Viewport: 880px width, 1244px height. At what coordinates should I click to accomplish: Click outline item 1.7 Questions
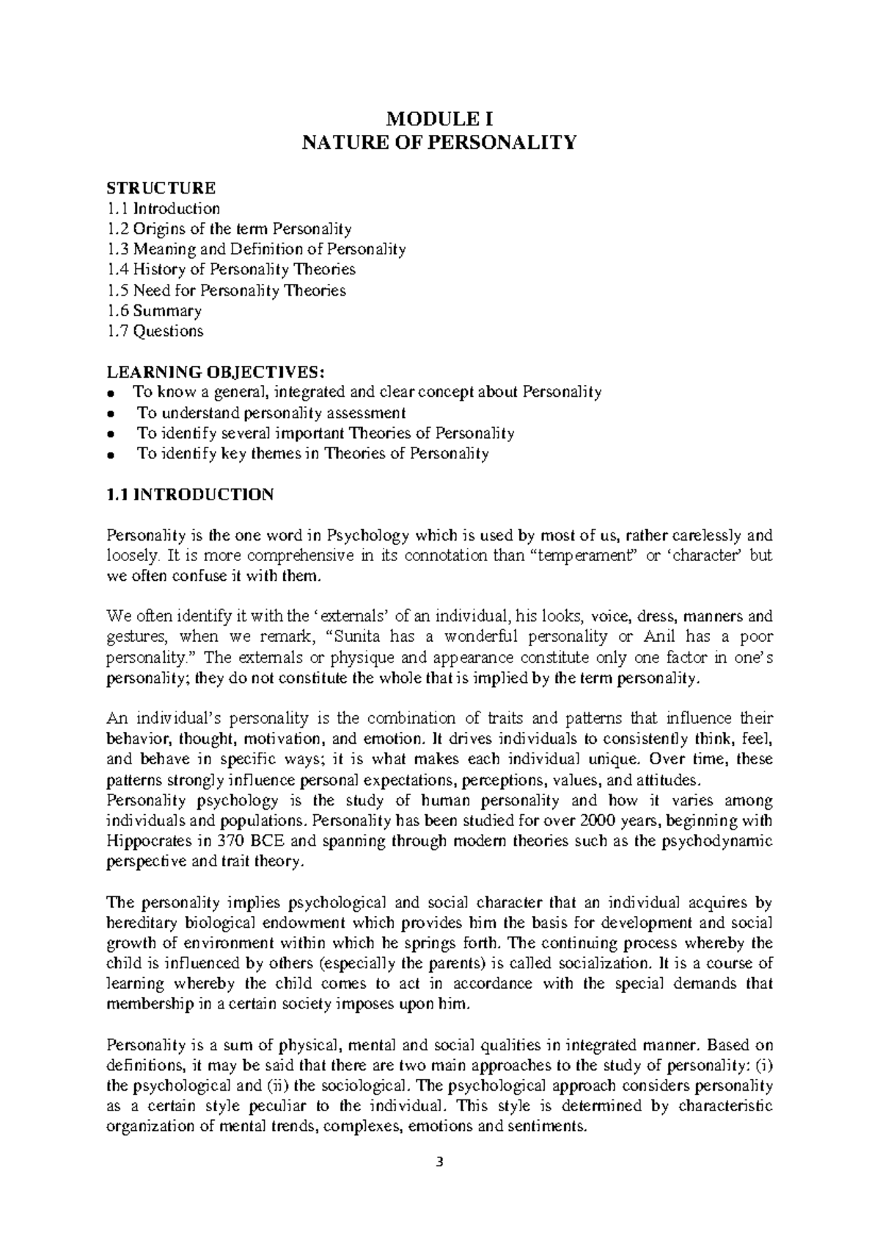(155, 331)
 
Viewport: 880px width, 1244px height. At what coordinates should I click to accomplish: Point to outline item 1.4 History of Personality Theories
(231, 270)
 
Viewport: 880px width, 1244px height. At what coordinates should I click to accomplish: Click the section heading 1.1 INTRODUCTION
(190, 495)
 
